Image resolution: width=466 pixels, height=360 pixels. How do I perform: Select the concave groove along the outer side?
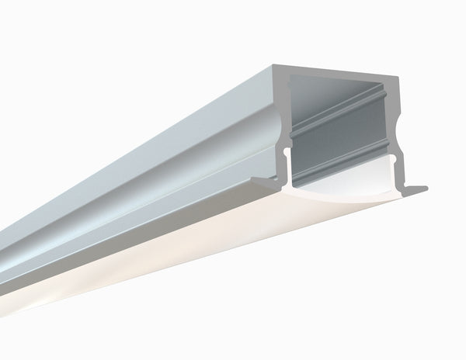[155, 167]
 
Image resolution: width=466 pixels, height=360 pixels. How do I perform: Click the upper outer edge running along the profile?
[155, 116]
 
